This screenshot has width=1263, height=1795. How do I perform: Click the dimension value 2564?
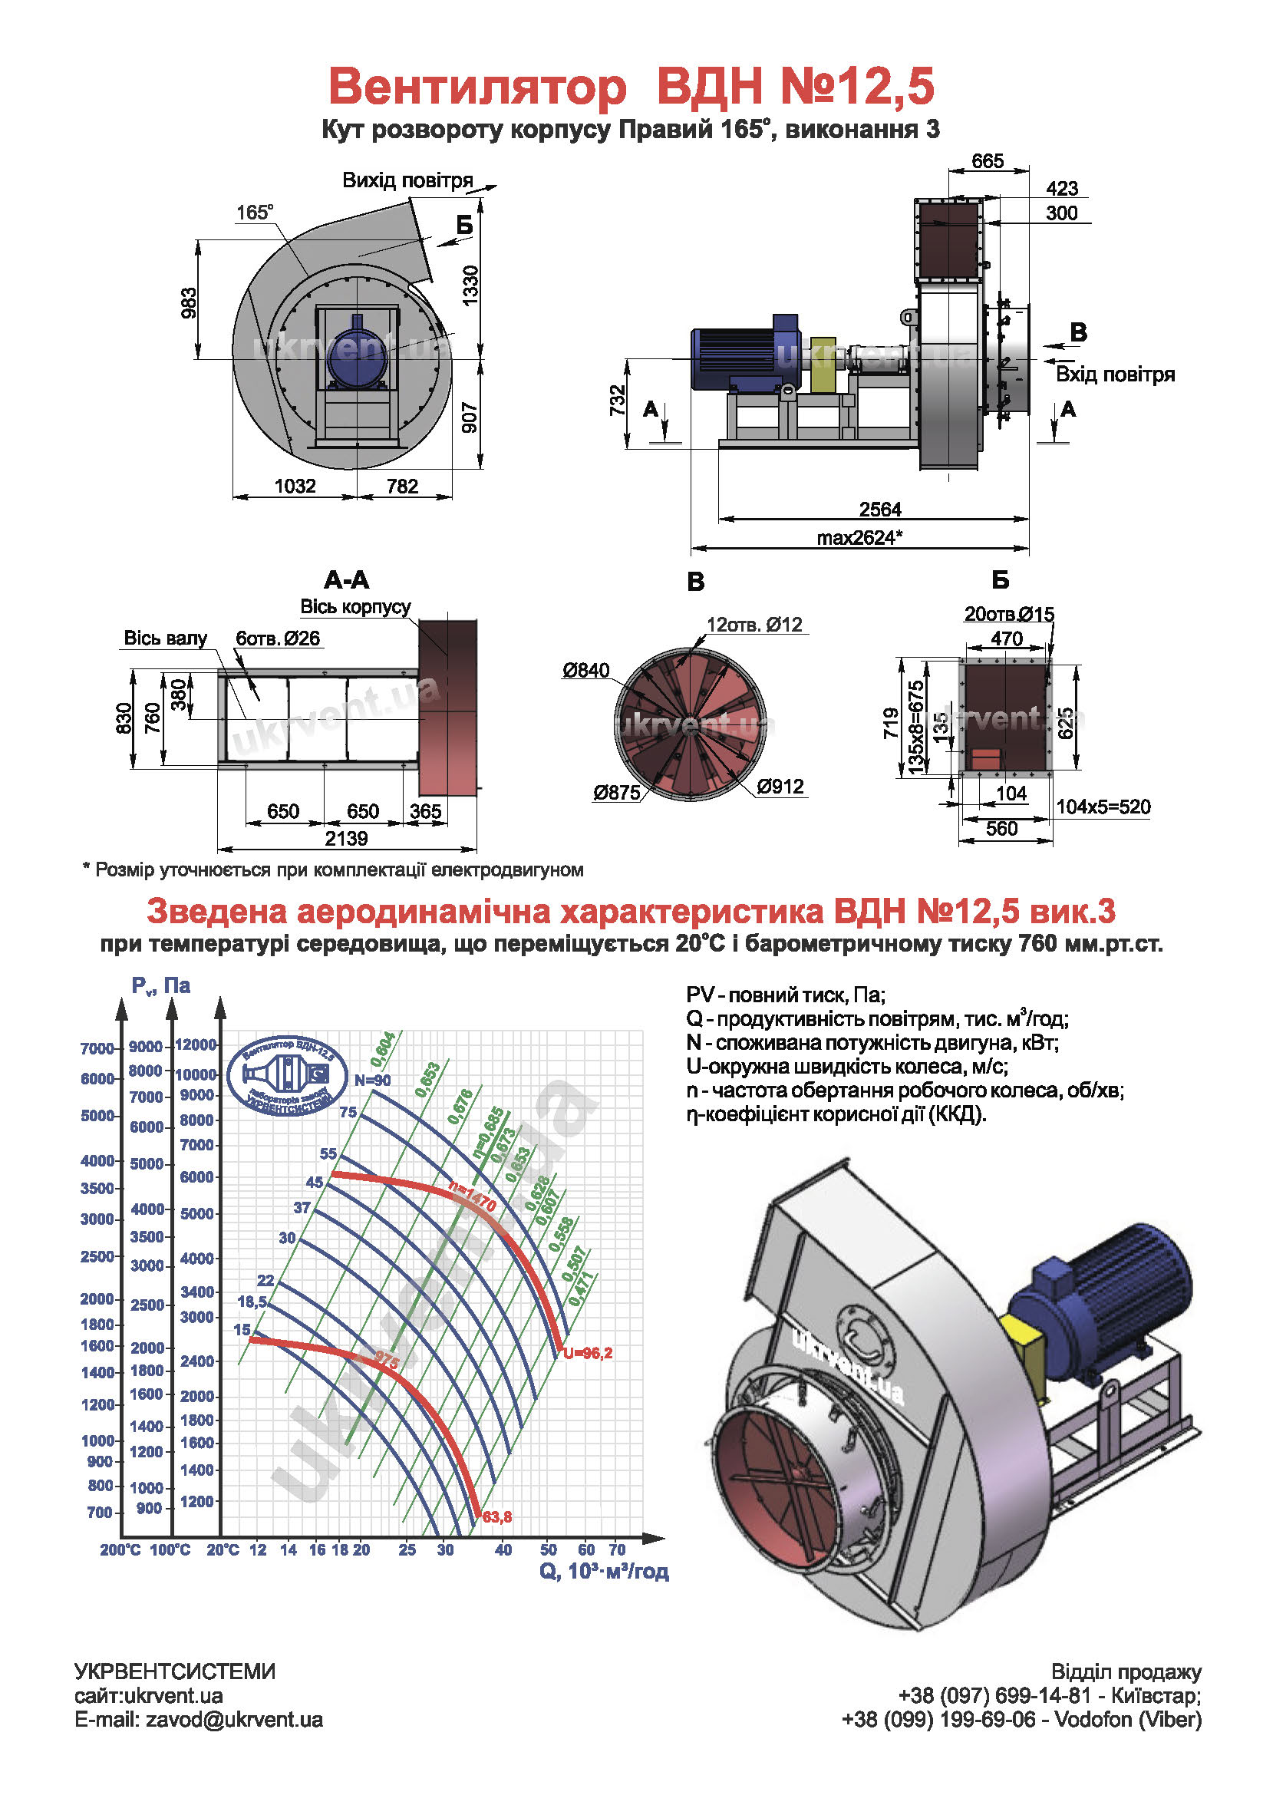(879, 509)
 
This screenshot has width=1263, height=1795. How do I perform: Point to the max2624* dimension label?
(859, 537)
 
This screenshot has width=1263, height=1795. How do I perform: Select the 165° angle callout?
(255, 212)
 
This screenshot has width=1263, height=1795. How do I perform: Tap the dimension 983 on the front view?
(188, 302)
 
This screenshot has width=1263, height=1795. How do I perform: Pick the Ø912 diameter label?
(780, 786)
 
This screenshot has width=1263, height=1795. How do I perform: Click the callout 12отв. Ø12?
(754, 624)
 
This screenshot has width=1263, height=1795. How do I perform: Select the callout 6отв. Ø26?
(278, 638)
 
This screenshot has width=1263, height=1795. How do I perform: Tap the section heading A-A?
(346, 580)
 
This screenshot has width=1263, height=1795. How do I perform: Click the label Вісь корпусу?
(355, 607)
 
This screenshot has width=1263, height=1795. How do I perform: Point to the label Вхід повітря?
(1114, 374)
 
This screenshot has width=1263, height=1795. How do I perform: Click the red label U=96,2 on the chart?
(588, 1352)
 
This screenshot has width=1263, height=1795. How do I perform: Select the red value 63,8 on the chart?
(497, 1516)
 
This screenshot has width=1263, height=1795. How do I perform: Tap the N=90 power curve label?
(372, 1080)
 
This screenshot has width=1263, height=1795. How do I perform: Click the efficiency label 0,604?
(383, 1049)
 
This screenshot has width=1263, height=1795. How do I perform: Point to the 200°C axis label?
(120, 1549)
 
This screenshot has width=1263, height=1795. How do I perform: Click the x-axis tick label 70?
(617, 1549)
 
